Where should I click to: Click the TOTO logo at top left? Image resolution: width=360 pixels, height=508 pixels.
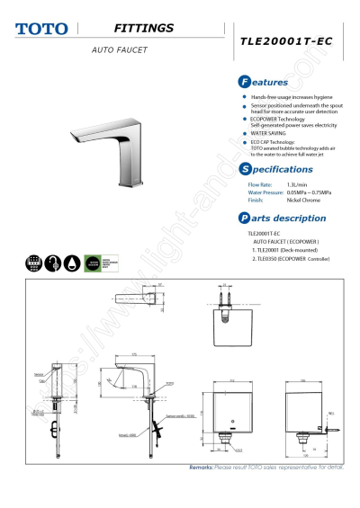(41, 30)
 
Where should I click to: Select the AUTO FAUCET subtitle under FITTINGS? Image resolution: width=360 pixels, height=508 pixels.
(119, 49)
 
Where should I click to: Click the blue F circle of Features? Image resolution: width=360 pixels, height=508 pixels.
(242, 82)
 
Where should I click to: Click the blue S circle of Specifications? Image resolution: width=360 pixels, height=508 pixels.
(242, 169)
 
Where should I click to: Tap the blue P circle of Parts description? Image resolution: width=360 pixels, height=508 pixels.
(242, 218)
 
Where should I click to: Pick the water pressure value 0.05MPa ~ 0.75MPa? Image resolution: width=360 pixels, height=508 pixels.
(306, 192)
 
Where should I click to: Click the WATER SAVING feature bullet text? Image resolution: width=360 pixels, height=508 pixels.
(270, 133)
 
